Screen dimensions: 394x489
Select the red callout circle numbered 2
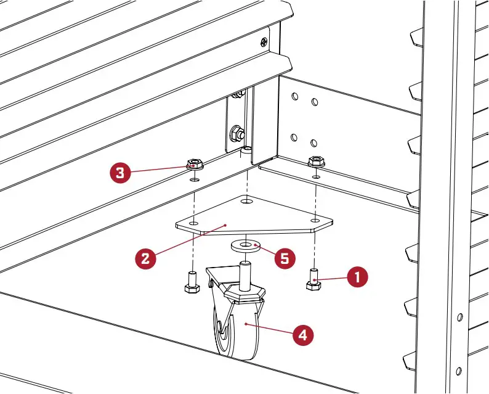pyautogui.click(x=145, y=257)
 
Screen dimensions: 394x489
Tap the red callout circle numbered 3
pyautogui.click(x=120, y=172)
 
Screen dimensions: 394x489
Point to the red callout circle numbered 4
pyautogui.click(x=302, y=335)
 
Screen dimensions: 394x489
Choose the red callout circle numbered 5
pyautogui.click(x=284, y=257)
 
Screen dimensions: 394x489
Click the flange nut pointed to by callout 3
pyautogui.click(x=195, y=165)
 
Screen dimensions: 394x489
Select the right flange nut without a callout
pyautogui.click(x=316, y=162)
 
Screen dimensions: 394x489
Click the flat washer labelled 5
pyautogui.click(x=246, y=246)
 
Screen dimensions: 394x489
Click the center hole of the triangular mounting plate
pyautogui.click(x=246, y=202)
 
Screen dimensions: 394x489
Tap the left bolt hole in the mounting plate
pyautogui.click(x=193, y=223)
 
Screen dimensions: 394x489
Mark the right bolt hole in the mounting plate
pyautogui.click(x=315, y=220)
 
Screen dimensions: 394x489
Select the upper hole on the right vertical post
pyautogui.click(x=459, y=317)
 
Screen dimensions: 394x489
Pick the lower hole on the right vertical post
pyautogui.click(x=458, y=371)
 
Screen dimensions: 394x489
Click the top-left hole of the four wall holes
pyautogui.click(x=295, y=97)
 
